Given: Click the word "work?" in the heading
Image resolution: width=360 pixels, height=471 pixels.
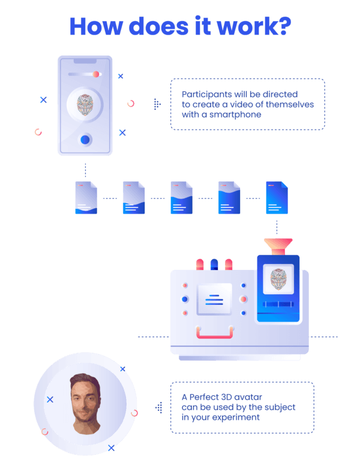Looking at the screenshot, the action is point(254,26).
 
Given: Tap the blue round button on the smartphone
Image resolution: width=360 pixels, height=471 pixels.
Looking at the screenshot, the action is point(85,140).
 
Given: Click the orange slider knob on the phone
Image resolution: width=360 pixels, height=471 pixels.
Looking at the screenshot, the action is point(96,74).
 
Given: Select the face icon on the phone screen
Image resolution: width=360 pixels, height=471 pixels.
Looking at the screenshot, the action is point(85,105).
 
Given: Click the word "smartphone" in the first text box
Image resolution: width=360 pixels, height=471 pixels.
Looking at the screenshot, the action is point(235,115).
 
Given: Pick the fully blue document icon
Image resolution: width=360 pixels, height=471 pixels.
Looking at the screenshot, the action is point(277,197).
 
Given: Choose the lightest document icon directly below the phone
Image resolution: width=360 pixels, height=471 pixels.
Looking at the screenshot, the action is point(86,197).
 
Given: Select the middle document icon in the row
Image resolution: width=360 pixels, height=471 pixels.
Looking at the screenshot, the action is point(182,197).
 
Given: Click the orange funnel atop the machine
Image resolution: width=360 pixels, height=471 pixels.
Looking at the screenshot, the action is point(278,247).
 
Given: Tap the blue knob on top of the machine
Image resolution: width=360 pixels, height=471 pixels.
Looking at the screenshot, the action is point(214,265).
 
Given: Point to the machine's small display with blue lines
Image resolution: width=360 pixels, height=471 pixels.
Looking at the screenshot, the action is point(214,299).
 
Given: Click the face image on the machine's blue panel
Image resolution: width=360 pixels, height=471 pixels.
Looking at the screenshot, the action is point(278,280).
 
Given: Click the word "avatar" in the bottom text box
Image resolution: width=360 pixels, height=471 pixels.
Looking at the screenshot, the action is point(248,397).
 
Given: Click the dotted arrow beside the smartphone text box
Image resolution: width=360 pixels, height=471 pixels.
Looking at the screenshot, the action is point(157,104).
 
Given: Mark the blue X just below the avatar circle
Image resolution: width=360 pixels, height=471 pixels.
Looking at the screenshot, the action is point(111,448).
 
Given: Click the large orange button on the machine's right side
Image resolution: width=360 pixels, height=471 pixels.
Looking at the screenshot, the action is point(244,299).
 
